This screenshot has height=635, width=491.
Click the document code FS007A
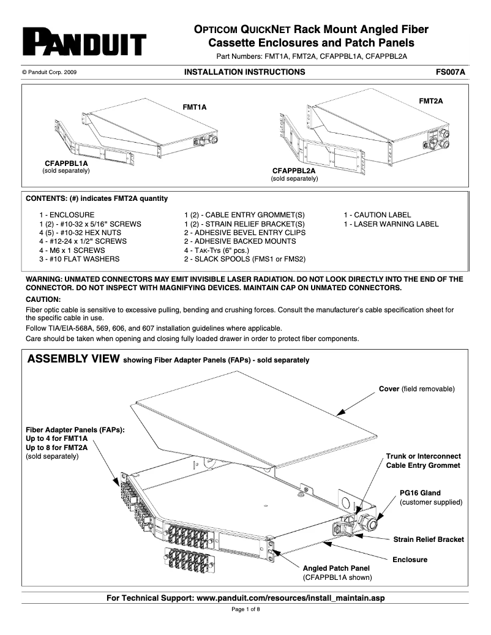pos(451,72)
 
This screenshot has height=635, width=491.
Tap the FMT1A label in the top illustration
pos(195,107)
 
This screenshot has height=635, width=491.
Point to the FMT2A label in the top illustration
pos(430,100)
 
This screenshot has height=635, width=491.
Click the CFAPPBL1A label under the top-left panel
pos(66,163)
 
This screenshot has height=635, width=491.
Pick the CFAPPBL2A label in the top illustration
pos(294,170)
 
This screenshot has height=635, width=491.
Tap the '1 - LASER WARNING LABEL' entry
pos(391,224)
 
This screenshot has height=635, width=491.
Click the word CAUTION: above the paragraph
pos(43,299)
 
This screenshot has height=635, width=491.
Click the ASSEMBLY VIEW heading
pos(73,359)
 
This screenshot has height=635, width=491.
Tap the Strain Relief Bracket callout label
pos(428,539)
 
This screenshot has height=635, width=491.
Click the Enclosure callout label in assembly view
pos(410,560)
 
